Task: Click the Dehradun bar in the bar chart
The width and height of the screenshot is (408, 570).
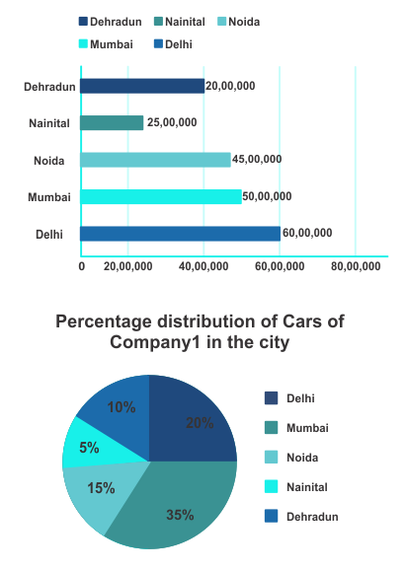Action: pyautogui.click(x=142, y=86)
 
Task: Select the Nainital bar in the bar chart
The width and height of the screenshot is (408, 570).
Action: pyautogui.click(x=112, y=123)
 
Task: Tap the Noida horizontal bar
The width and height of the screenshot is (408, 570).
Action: pyautogui.click(x=155, y=160)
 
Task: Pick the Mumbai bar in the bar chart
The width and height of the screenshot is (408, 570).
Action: pyautogui.click(x=161, y=196)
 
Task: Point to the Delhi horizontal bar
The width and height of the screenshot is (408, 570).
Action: pyautogui.click(x=181, y=234)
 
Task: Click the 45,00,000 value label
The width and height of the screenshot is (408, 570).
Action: pyautogui.click(x=257, y=159)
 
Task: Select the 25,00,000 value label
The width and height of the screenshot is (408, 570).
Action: pyautogui.click(x=172, y=122)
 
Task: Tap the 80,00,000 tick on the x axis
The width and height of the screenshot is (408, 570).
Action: pyautogui.click(x=356, y=266)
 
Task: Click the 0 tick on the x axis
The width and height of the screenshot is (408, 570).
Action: pyautogui.click(x=82, y=266)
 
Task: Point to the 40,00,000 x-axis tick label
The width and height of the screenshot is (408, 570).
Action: pyautogui.click(x=204, y=266)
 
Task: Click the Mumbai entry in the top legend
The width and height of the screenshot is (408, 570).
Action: pyautogui.click(x=106, y=44)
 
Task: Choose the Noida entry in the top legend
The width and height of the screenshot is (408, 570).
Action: pyautogui.click(x=239, y=22)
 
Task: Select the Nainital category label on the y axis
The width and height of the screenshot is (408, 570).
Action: pyautogui.click(x=49, y=123)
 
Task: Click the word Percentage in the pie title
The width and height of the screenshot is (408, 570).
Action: pyautogui.click(x=104, y=321)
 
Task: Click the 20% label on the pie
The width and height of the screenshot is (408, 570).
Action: pyautogui.click(x=200, y=423)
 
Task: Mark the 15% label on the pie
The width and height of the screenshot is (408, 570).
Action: pyautogui.click(x=101, y=488)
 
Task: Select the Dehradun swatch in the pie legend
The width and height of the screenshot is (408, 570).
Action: pyautogui.click(x=271, y=516)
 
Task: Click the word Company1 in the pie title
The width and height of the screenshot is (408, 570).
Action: pyautogui.click(x=155, y=342)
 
